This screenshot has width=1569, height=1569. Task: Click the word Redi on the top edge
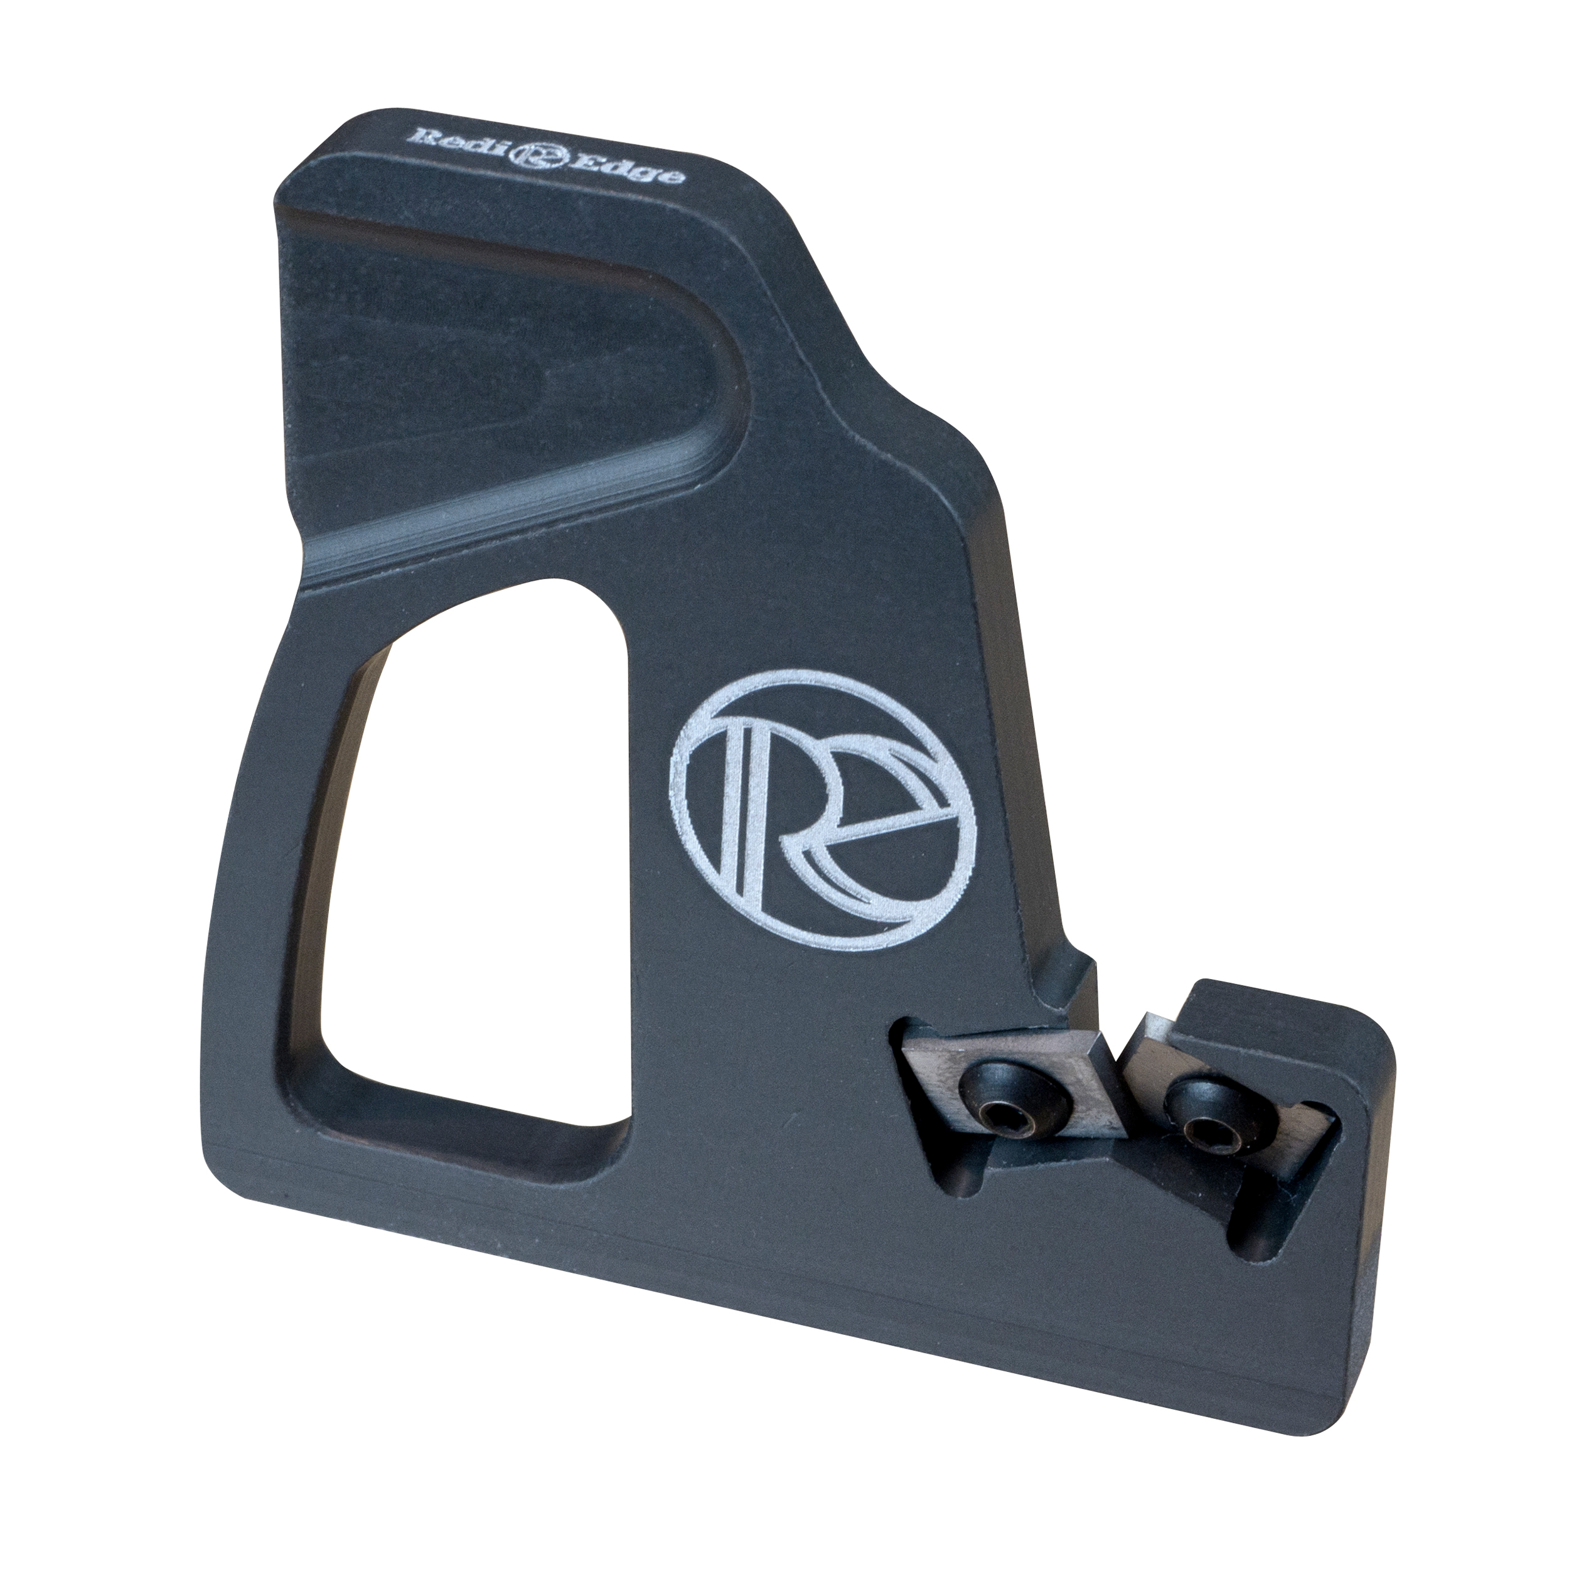coord(448,141)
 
